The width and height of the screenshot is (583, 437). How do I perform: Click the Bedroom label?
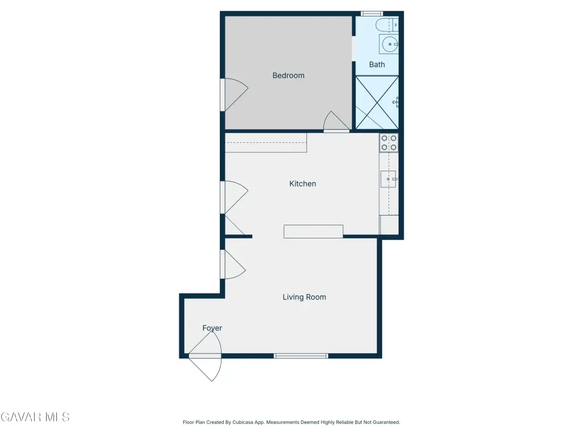288,76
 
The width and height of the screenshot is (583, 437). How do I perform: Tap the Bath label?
377,65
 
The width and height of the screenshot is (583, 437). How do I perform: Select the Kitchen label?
303,184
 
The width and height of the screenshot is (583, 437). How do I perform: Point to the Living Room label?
304,297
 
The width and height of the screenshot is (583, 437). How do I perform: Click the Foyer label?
212,328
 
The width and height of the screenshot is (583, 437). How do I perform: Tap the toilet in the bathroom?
387,25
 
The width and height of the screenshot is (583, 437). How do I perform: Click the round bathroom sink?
389,44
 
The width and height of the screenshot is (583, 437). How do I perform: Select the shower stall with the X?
377,102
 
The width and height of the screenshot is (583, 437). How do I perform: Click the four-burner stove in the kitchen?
388,143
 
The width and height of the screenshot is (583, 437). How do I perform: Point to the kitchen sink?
388,179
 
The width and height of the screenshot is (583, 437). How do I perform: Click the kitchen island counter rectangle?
313,231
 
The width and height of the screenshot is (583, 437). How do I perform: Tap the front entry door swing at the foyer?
205,356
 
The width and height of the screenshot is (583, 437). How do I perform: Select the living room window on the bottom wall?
301,356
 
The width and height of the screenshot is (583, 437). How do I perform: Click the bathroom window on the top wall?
372,14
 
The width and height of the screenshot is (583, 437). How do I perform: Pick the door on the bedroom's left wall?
234,95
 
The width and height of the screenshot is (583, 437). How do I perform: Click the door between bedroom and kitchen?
336,122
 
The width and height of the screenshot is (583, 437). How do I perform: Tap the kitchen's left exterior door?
234,197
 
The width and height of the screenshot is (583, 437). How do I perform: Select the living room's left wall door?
233,264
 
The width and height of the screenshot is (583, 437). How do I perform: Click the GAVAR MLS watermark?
35,417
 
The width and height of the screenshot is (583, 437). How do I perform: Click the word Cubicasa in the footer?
243,422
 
